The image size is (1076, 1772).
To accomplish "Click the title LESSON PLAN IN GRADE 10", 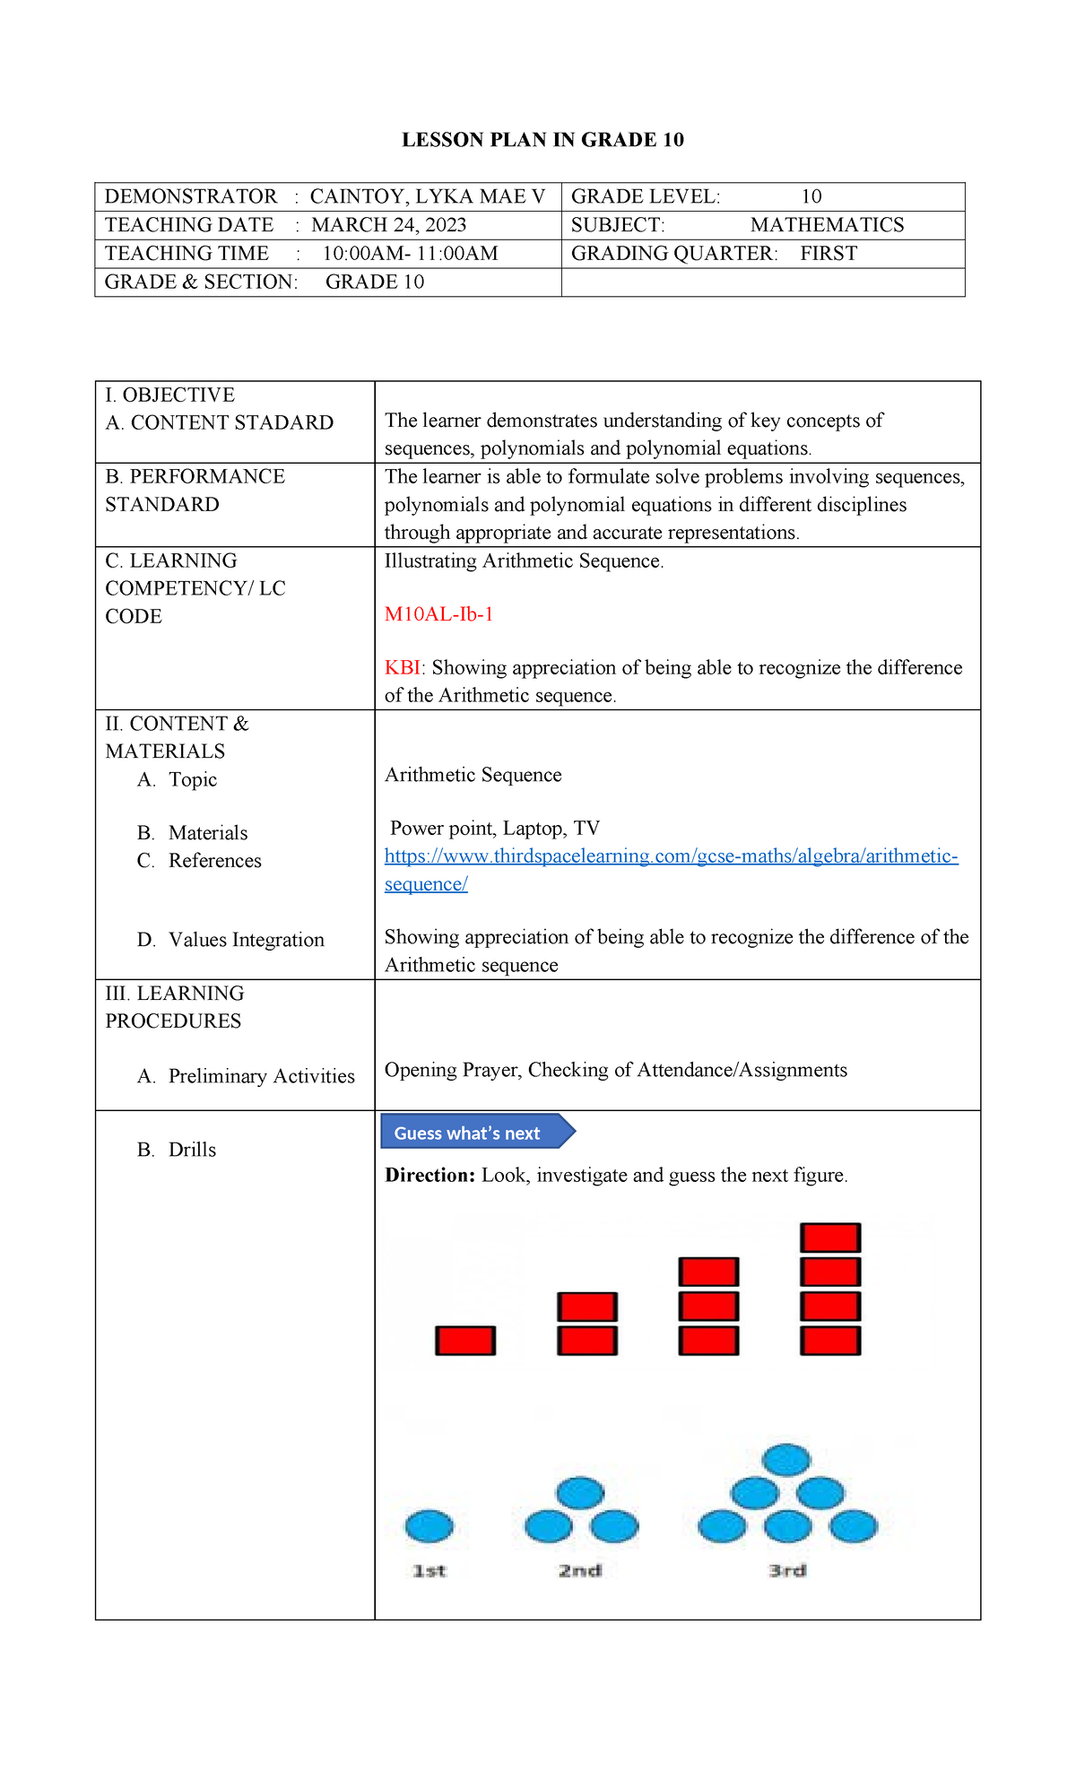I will point(542,140).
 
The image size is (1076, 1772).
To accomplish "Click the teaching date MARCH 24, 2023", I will point(388,225).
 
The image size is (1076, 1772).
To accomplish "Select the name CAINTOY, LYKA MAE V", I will point(427,196).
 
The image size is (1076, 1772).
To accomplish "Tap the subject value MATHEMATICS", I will point(827,225).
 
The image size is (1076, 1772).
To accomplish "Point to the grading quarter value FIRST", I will point(829,254).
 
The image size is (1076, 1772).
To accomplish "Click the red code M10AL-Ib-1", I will point(438,614).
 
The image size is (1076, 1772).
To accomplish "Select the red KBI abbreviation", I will point(402,668).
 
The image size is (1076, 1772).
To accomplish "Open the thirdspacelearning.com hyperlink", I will point(671,856).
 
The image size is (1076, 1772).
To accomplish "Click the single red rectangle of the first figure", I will point(465,1341).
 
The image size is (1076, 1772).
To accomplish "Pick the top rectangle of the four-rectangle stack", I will point(830,1238).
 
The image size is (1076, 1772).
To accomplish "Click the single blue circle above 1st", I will point(430,1525).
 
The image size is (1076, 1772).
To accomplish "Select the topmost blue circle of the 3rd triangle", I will point(786,1460).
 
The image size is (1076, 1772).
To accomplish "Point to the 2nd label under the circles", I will point(580,1571).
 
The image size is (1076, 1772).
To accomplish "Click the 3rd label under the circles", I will point(787,1571).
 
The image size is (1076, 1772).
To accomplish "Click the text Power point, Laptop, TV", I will point(494,829).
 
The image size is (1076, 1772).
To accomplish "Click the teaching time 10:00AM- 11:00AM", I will point(410,254).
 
